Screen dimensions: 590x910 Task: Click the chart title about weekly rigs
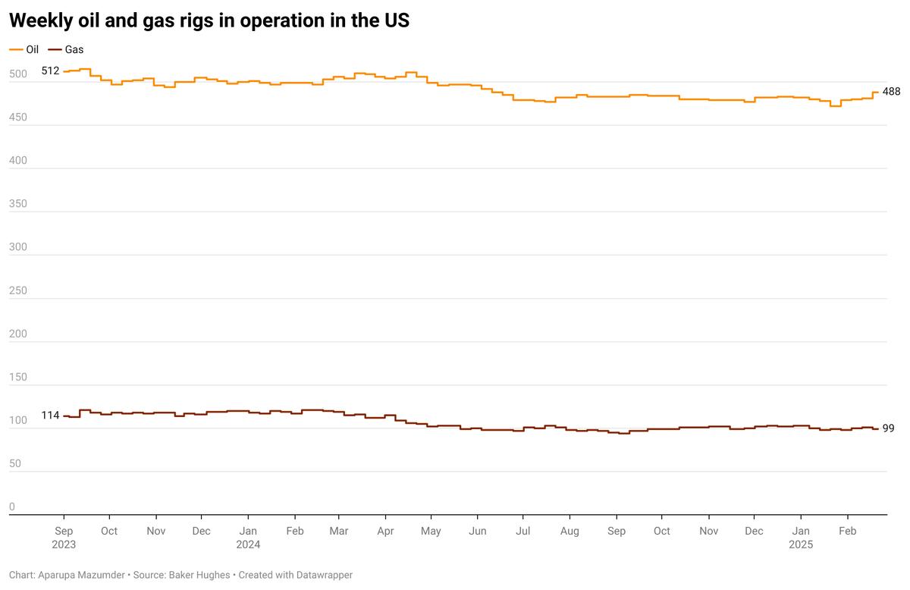209,20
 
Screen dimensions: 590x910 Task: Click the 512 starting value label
50,71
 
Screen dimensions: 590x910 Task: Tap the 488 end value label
891,92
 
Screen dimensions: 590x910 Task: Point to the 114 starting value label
50,416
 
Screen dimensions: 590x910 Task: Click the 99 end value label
888,428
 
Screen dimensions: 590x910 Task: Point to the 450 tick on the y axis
17,118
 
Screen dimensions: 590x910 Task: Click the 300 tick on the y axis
17,247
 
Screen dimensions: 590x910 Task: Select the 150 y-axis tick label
17,377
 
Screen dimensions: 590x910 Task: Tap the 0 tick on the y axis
11,507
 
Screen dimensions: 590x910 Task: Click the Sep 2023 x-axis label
64,537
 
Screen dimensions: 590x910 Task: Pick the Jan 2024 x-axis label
248,537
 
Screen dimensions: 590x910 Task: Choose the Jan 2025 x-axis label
801,537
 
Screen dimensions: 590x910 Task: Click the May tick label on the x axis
431,531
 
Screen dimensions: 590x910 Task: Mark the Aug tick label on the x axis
570,531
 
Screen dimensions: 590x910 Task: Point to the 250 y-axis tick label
17,290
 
